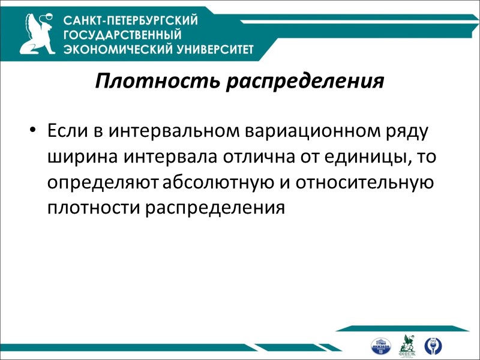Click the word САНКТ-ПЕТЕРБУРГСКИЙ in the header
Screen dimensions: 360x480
tap(131, 21)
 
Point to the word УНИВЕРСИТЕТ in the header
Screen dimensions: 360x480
tap(204, 49)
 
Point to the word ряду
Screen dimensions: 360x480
tap(413, 130)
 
